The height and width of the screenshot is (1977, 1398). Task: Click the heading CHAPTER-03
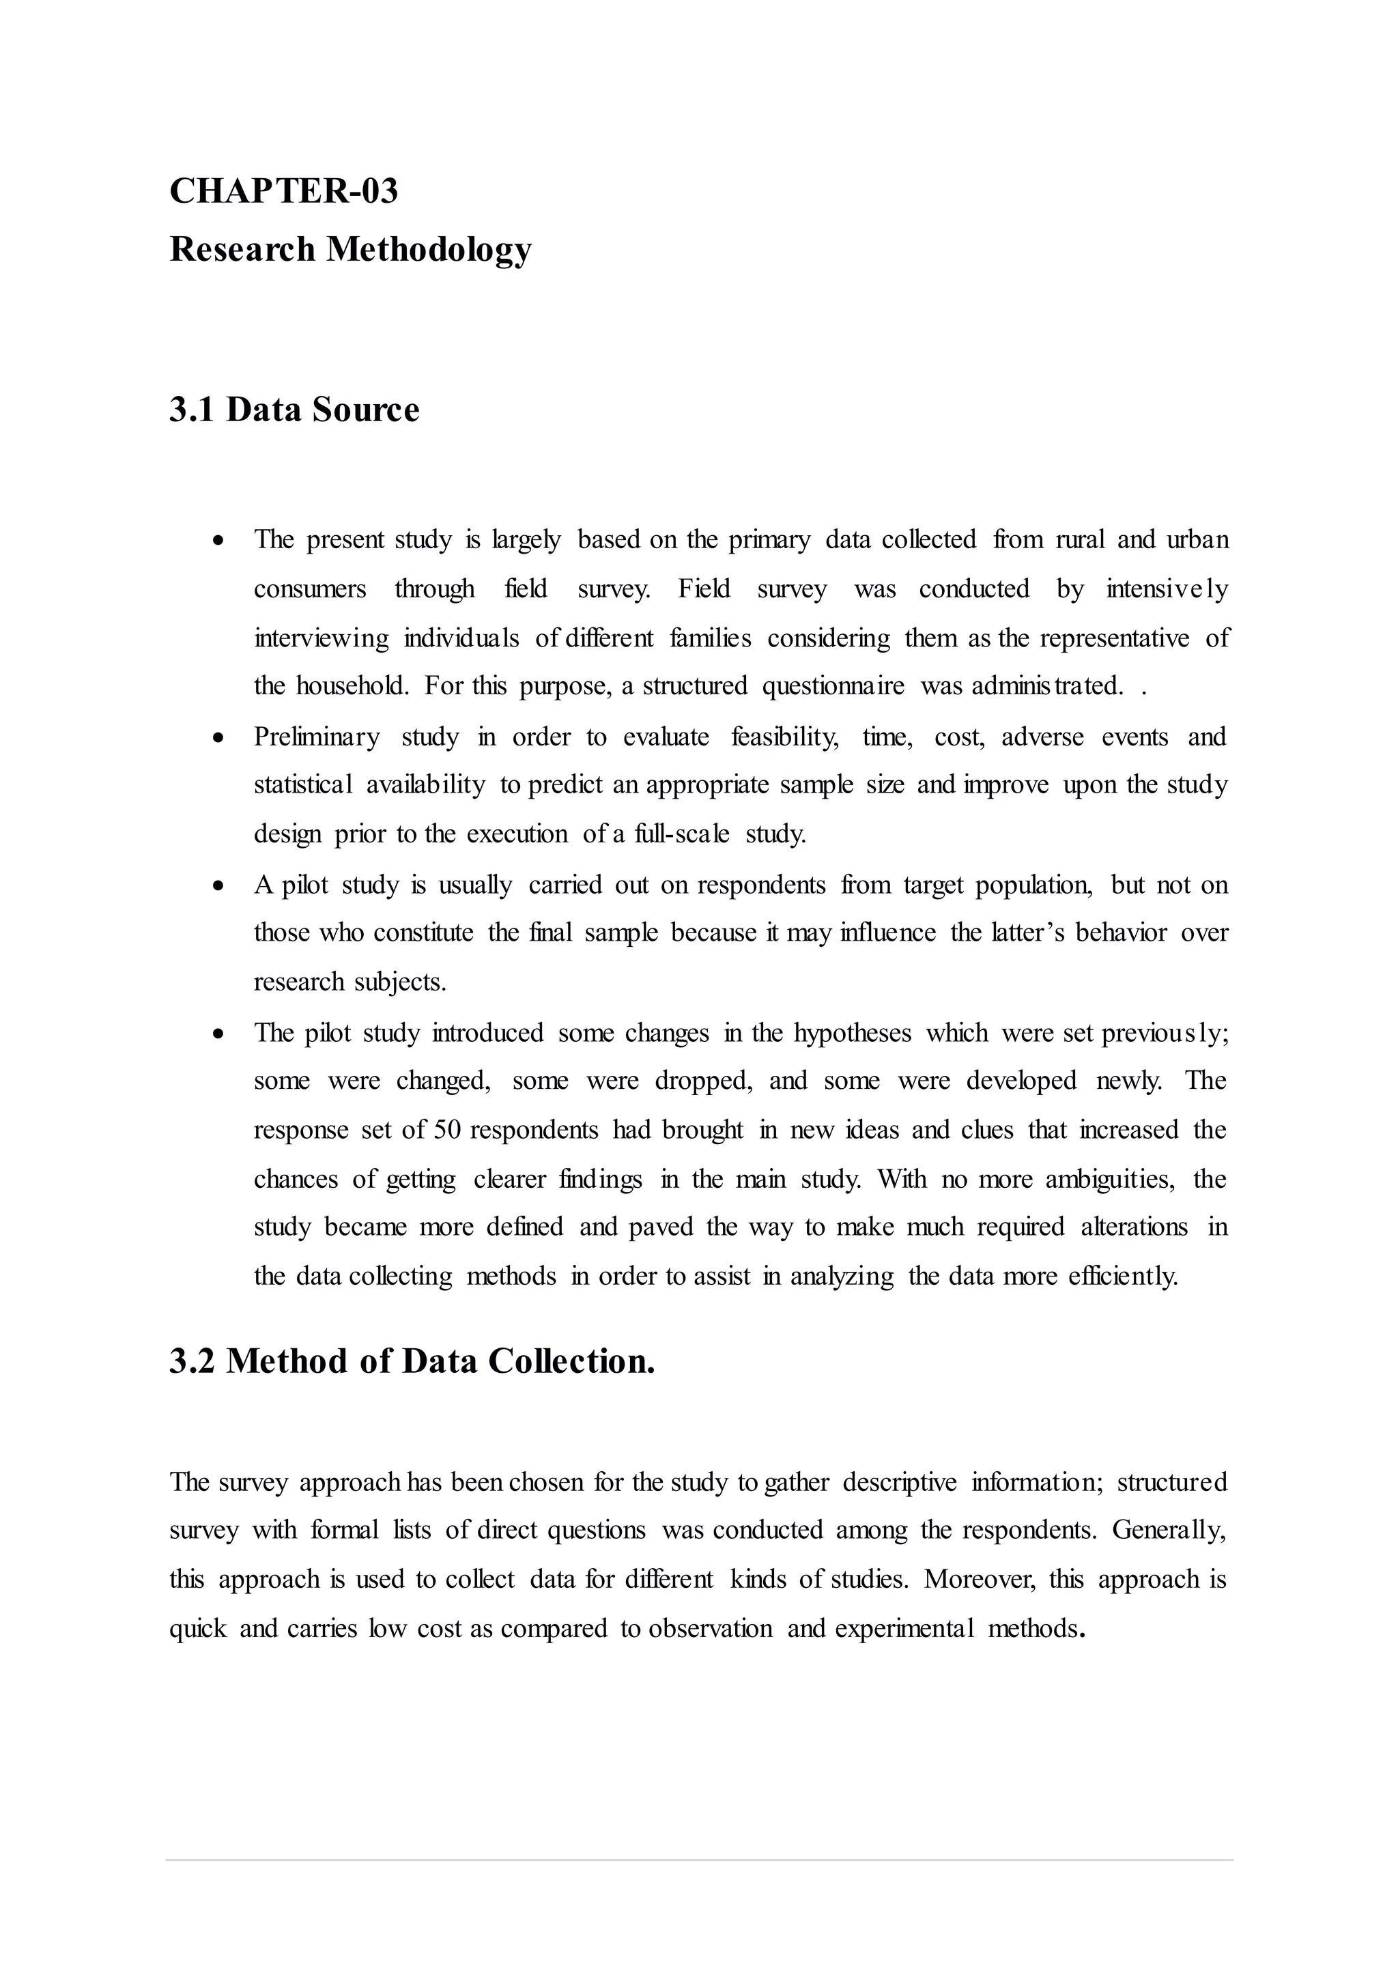pyautogui.click(x=283, y=190)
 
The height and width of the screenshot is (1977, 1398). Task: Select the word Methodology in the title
pyautogui.click(x=428, y=250)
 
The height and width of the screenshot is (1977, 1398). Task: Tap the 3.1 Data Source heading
pyautogui.click(x=294, y=409)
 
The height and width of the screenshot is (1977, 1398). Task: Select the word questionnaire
pyautogui.click(x=832, y=687)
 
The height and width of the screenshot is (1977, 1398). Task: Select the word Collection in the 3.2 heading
pyautogui.click(x=571, y=1361)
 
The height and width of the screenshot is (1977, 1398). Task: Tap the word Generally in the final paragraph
pyautogui.click(x=1168, y=1530)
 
